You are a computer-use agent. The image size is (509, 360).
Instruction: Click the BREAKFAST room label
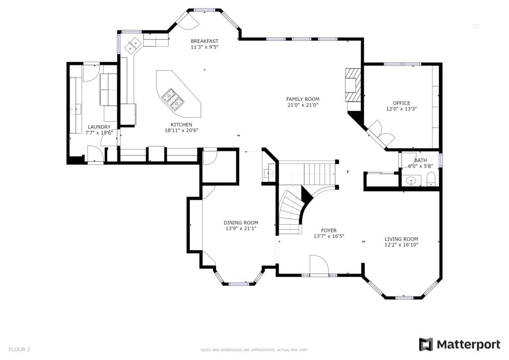click(204, 41)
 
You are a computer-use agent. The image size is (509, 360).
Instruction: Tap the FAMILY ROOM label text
click(303, 99)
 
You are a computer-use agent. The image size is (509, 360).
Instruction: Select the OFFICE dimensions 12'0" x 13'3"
click(402, 109)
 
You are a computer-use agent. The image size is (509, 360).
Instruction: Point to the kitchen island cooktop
click(173, 98)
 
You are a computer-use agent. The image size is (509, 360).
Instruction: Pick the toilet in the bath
click(431, 180)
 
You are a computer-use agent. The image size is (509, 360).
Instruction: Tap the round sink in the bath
click(411, 180)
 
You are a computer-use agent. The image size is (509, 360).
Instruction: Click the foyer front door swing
click(319, 265)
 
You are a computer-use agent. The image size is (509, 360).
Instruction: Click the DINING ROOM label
click(241, 223)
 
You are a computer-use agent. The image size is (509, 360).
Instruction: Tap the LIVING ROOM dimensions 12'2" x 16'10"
click(401, 245)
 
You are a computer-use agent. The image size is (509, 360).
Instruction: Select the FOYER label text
click(329, 231)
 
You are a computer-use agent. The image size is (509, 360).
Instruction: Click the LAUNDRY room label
click(99, 127)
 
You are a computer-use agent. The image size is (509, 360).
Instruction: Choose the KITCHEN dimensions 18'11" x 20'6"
click(181, 130)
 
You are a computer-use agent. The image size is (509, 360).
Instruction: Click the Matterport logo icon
click(425, 345)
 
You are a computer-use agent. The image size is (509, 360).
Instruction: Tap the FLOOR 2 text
click(19, 350)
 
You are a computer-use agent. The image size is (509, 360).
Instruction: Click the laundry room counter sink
click(76, 109)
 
